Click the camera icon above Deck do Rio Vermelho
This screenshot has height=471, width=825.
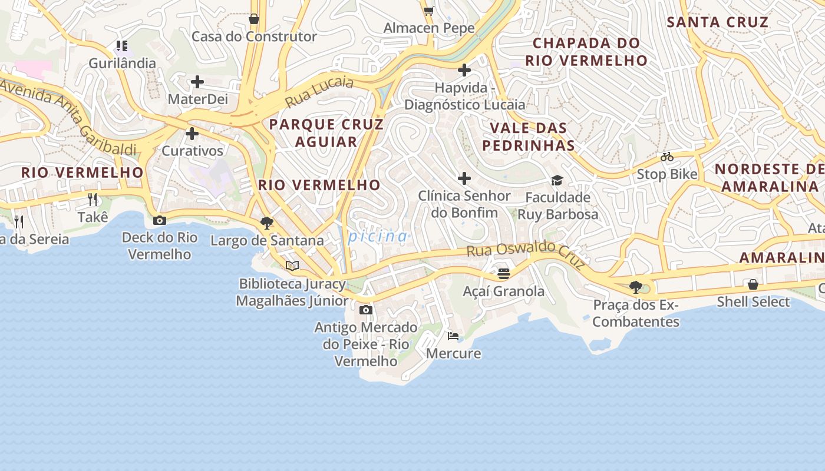[x=159, y=221]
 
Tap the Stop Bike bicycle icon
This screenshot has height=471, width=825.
[x=667, y=157]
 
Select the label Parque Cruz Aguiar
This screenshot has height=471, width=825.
[x=326, y=133]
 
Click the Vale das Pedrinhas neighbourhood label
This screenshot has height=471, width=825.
[x=529, y=137]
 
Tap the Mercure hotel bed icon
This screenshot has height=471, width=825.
[x=453, y=336]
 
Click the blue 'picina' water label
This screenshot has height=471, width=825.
[x=378, y=237]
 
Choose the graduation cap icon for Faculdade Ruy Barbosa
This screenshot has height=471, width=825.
[x=557, y=180]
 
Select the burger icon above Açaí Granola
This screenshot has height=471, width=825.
[x=503, y=274]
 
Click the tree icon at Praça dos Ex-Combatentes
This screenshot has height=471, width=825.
[x=635, y=287]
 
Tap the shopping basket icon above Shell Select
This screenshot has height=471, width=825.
[x=753, y=284]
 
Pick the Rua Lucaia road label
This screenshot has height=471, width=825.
[x=319, y=92]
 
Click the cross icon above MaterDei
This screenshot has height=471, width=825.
[x=197, y=82]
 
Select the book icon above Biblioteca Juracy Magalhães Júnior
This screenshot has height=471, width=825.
[x=292, y=266]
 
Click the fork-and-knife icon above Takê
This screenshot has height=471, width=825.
[x=93, y=200]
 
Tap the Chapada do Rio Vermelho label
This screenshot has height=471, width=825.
[x=586, y=51]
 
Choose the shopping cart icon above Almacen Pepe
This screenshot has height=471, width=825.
[x=428, y=11]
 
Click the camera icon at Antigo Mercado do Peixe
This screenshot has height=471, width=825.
[x=365, y=310]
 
